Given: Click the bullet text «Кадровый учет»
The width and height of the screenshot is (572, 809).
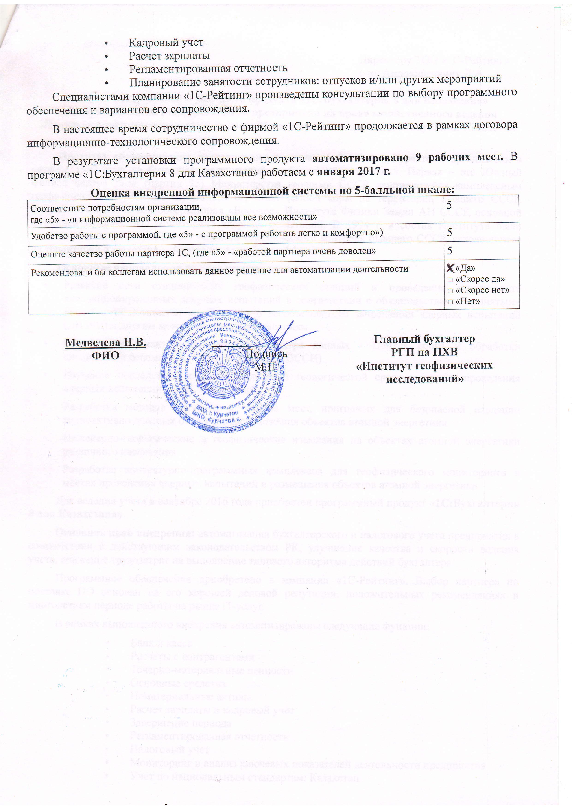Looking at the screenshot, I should [x=166, y=43].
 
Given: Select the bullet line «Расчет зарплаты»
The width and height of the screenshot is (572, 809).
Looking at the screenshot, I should [x=169, y=56].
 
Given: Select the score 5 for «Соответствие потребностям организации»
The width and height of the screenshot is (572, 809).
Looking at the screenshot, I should [x=450, y=205].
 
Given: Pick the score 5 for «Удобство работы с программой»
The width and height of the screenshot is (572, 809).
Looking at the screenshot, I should [x=450, y=233].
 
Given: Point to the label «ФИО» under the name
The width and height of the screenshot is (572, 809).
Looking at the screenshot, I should [x=105, y=355].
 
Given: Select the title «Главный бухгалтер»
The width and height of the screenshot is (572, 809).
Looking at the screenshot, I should [x=424, y=339].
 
